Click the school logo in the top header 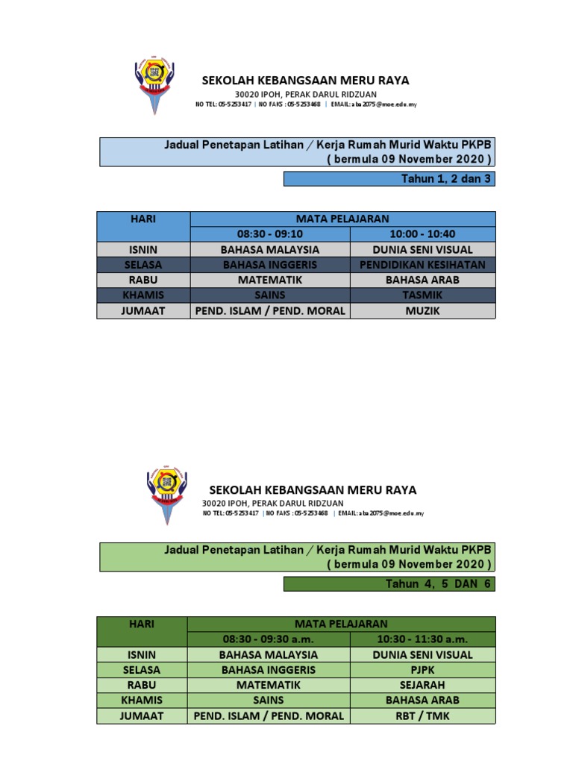point(155,84)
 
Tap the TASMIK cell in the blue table point(422,295)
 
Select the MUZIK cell point(422,310)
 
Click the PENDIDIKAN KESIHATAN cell point(422,265)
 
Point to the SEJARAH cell point(422,684)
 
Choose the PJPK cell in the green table point(422,670)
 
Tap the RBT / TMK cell point(422,716)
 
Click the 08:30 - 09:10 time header point(269,234)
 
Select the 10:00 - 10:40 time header point(422,234)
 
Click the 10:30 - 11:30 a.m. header point(422,639)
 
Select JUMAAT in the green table point(142,716)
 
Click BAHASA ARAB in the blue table point(422,280)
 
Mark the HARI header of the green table point(142,624)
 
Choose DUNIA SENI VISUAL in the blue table point(422,249)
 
